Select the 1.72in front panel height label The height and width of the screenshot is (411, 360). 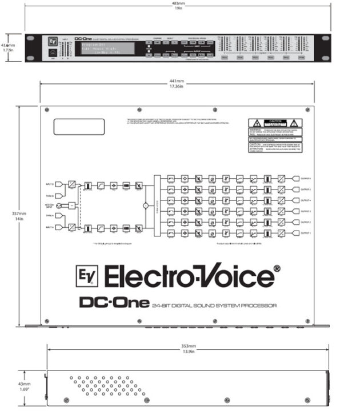click(x=7, y=50)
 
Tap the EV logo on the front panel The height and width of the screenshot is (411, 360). click(x=51, y=42)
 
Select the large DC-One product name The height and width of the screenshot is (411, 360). click(x=114, y=303)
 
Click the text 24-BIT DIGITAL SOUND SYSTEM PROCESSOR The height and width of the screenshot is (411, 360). click(x=214, y=306)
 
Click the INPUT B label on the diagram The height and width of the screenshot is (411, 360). click(x=49, y=184)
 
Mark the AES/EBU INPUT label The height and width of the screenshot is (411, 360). click(x=49, y=205)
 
